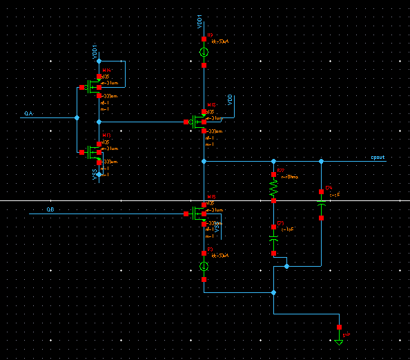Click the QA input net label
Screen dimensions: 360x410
tap(28, 113)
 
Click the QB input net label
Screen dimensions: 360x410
tap(50, 209)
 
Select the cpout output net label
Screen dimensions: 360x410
tap(378, 158)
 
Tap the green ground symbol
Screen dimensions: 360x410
tap(339, 341)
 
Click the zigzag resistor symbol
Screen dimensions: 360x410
tap(273, 187)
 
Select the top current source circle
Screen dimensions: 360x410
tap(204, 53)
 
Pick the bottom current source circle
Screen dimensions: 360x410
tap(204, 267)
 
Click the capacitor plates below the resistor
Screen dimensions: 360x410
tap(273, 238)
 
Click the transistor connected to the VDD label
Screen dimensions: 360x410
tap(200, 122)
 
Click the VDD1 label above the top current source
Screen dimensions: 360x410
tap(199, 21)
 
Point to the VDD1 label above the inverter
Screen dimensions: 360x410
tap(95, 53)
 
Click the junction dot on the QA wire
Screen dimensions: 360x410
tap(77, 118)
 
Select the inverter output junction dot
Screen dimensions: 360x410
tap(99, 122)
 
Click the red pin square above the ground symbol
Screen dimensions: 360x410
tap(339, 327)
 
